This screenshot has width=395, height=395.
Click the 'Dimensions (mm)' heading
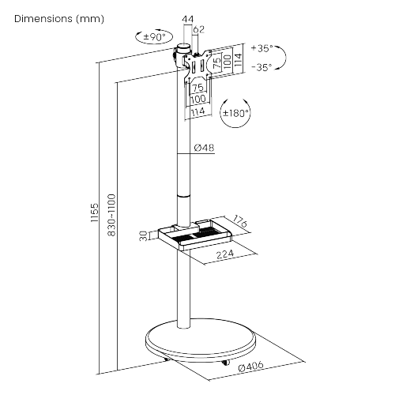pyautogui.click(x=59, y=19)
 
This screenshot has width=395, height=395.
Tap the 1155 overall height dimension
pyautogui.click(x=94, y=213)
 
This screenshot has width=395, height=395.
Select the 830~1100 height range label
pyautogui.click(x=111, y=215)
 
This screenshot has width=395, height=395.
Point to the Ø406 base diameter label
pyautogui.click(x=250, y=367)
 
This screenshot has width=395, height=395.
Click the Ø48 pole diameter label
pyautogui.click(x=204, y=148)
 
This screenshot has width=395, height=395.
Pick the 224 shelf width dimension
pyautogui.click(x=225, y=254)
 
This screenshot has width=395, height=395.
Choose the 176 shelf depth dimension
pyautogui.click(x=240, y=221)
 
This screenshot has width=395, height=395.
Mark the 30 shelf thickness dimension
pyautogui.click(x=143, y=235)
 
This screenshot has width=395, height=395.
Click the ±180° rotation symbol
pyautogui.click(x=235, y=113)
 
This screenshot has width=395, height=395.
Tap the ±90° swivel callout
pyautogui.click(x=154, y=36)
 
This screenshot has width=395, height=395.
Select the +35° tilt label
pyautogui.click(x=261, y=48)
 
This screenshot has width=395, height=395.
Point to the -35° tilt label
pyautogui.click(x=261, y=67)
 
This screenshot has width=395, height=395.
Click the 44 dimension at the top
pyautogui.click(x=188, y=19)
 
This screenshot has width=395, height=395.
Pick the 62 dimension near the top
pyautogui.click(x=199, y=29)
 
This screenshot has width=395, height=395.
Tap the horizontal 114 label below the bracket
pyautogui.click(x=197, y=112)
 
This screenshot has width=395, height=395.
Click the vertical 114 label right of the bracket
pyautogui.click(x=238, y=60)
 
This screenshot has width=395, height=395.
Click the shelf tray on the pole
pyautogui.click(x=195, y=235)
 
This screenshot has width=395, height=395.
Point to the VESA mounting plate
pyautogui.click(x=197, y=65)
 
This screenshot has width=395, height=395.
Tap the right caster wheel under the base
pyautogui.click(x=225, y=363)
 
